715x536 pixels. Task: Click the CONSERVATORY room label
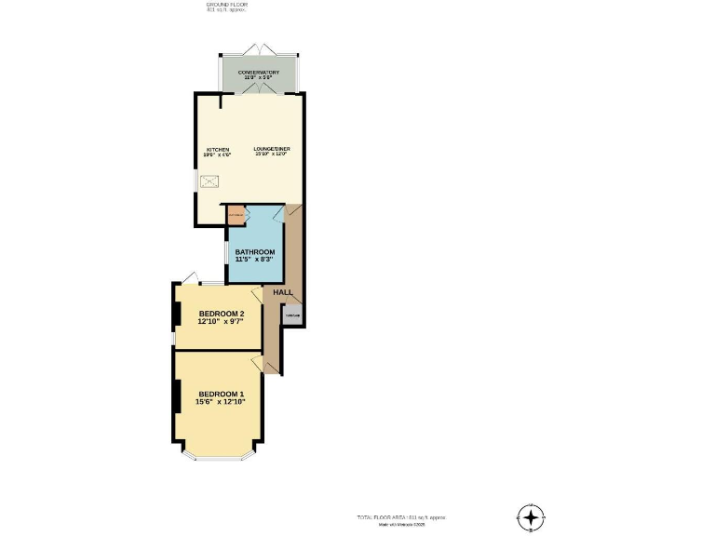(x=258, y=72)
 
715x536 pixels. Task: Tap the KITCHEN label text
(x=218, y=149)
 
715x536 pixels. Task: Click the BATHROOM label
(x=254, y=252)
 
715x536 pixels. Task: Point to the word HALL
(x=283, y=292)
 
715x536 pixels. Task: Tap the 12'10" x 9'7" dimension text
(x=221, y=322)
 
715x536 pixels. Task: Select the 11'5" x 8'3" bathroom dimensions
(x=254, y=261)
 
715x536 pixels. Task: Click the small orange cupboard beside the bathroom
(x=236, y=216)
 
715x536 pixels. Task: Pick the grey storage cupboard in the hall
(x=292, y=315)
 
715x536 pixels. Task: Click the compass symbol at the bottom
(x=530, y=517)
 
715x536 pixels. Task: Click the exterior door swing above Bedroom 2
(x=189, y=276)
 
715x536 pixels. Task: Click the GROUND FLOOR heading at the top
(x=225, y=5)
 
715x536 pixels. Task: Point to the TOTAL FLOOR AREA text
(x=408, y=517)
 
